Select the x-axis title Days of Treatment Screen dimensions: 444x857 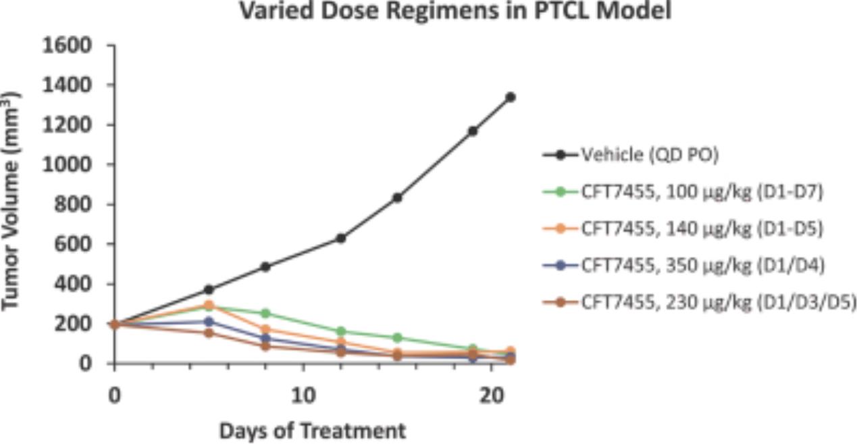pos(312,430)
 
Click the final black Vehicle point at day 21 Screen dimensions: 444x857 pos(511,97)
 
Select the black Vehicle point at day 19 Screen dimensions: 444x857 pos(473,130)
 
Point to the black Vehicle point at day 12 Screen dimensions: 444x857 pos(341,238)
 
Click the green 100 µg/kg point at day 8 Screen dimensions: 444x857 pos(265,314)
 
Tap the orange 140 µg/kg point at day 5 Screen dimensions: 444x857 pos(209,305)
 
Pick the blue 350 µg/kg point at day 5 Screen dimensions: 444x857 pos(209,322)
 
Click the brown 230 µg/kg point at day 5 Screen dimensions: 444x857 pos(209,332)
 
